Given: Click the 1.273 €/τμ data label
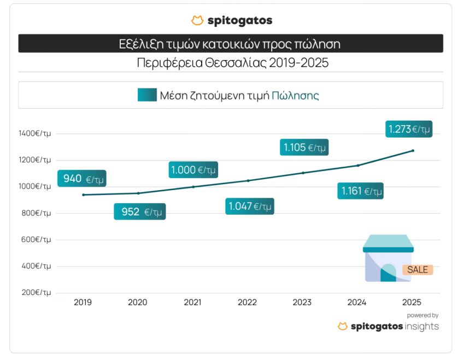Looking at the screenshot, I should (409, 129).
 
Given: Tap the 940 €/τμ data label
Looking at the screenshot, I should (81, 179).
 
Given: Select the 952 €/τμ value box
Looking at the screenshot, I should (139, 211).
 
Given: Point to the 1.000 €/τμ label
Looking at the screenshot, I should (193, 170).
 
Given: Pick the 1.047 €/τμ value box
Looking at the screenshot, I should (249, 206).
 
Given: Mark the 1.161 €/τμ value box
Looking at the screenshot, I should (360, 191).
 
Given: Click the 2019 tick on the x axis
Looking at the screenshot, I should (83, 302).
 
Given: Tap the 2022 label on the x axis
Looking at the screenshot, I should (247, 302).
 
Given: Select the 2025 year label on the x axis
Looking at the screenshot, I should (412, 302).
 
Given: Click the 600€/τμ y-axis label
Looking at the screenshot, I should (35, 240).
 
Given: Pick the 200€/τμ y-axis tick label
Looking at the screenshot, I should (35, 293).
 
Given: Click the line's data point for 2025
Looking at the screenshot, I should (413, 150).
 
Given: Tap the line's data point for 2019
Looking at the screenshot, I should (83, 195).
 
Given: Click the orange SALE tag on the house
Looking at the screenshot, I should (418, 270).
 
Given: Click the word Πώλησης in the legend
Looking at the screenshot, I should (295, 95).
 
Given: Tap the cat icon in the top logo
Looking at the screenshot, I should (197, 21).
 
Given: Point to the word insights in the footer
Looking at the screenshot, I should (421, 326).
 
